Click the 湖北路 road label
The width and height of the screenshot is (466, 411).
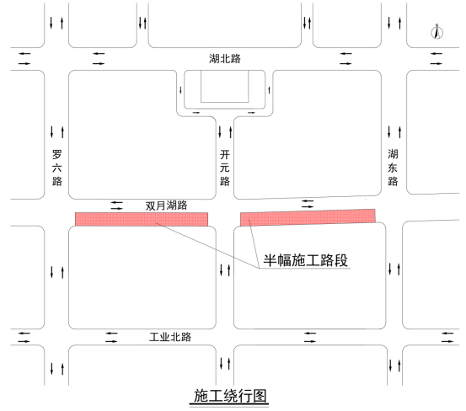pos(225,58)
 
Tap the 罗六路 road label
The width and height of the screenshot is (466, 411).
pos(57,168)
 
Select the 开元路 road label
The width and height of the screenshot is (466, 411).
pos(225,168)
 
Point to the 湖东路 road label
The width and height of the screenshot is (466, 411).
pos(393,168)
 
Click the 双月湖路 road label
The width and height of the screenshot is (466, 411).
pos(167,205)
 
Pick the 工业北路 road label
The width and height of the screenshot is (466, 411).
pos(170,337)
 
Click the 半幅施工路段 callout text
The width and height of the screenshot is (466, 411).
pos(306,260)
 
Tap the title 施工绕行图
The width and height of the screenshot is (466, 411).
pos(230,396)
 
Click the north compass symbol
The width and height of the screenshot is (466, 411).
pos(437,32)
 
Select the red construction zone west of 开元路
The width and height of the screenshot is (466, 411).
pos(142,219)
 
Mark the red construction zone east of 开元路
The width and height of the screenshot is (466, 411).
pos(308,217)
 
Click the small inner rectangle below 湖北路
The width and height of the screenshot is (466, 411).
pos(225,87)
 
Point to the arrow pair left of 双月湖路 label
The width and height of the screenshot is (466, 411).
pos(117,205)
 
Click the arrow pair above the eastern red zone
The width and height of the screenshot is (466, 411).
pos(308,204)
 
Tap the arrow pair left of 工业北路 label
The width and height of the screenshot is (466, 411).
pos(111,338)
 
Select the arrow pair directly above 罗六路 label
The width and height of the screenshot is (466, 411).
pos(57,132)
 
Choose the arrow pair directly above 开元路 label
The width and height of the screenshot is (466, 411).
pos(225,132)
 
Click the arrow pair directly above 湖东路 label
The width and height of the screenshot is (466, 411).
pos(394,132)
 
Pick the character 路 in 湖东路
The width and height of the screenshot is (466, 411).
pos(393,181)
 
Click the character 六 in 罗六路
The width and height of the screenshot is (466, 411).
pos(57,168)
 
